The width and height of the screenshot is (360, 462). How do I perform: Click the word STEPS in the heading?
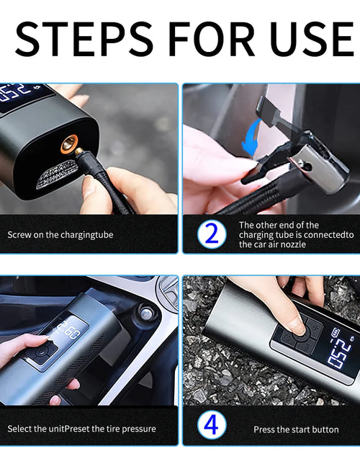click(84, 39)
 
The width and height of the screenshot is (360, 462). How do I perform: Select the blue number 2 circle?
click(212, 234)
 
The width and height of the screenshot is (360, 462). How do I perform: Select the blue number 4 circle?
click(212, 425)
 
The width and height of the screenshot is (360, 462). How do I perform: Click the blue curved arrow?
click(251, 137)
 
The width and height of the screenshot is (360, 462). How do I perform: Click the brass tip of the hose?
click(78, 151)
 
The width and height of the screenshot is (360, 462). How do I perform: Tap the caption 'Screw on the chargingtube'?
click(60, 235)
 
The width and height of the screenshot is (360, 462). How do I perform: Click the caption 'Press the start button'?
click(296, 430)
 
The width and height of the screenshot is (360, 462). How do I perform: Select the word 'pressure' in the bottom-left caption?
click(139, 429)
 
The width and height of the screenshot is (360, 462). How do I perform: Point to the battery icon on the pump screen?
click(336, 333)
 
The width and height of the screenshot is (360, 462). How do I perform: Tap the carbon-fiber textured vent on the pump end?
click(58, 174)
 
